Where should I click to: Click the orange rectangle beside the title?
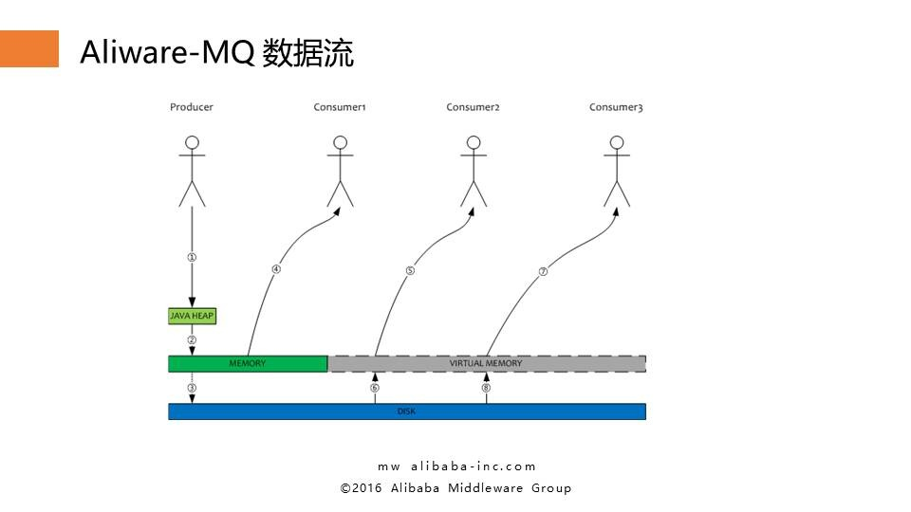tap(28, 48)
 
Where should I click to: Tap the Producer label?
tap(192, 107)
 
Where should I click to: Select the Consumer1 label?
tap(340, 107)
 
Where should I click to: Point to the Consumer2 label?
tap(473, 107)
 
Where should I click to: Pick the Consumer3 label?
tap(616, 107)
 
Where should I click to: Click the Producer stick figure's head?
tap(193, 143)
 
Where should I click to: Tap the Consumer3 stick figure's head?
tap(617, 143)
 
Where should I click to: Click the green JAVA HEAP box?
tap(192, 316)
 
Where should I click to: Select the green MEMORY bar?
tap(248, 363)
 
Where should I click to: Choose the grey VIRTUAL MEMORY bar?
tap(486, 363)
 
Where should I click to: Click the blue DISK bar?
tap(406, 411)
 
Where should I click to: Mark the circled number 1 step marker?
tap(192, 257)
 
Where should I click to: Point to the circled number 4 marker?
tap(276, 268)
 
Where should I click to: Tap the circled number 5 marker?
tap(410, 270)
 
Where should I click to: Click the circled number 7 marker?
tap(543, 270)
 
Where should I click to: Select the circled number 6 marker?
tap(375, 388)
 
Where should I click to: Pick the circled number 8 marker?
tap(486, 388)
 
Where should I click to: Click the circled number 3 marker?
tap(192, 388)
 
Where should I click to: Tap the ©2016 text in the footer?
tap(361, 488)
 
